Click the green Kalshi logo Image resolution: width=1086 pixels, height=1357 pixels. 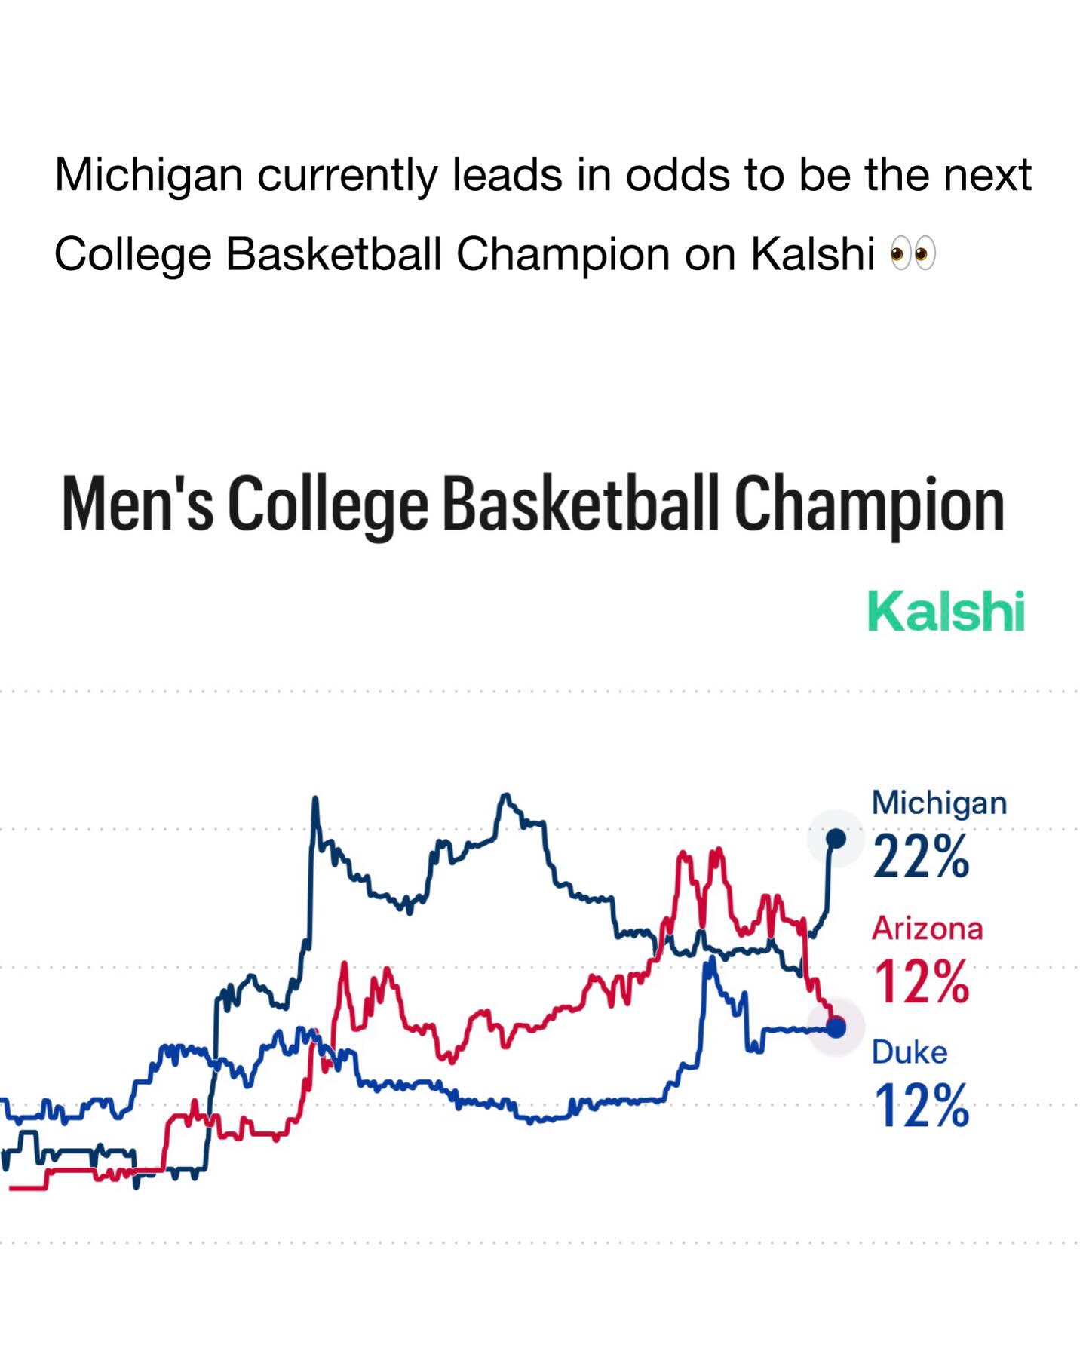tap(946, 611)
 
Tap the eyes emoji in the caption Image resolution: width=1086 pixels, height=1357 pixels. tap(913, 253)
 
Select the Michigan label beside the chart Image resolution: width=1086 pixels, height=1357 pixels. tap(939, 803)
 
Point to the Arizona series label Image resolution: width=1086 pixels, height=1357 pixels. tap(927, 929)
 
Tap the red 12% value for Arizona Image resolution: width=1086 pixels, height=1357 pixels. tap(921, 982)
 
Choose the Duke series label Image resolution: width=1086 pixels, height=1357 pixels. tap(910, 1052)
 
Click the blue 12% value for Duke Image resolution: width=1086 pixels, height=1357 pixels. tap(921, 1106)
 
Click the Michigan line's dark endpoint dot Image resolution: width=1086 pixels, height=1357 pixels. tap(836, 838)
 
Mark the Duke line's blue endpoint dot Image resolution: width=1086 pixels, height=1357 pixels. tap(836, 1027)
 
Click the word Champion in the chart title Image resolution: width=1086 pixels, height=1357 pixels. tap(869, 504)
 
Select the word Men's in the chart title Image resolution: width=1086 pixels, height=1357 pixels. tap(137, 504)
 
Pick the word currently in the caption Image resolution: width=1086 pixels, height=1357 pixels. tap(347, 176)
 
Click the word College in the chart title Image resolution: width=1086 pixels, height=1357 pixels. tap(328, 504)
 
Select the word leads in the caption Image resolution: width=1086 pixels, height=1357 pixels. tap(507, 176)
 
